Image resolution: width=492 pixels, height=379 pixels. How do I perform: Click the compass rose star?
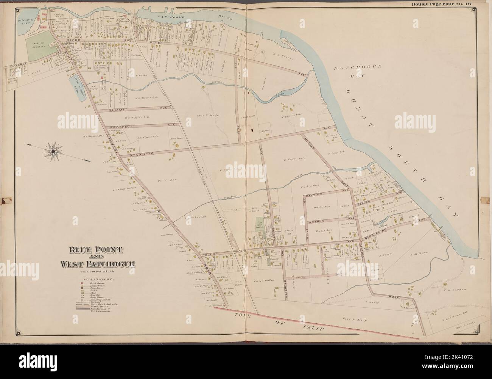tap(53, 151)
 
